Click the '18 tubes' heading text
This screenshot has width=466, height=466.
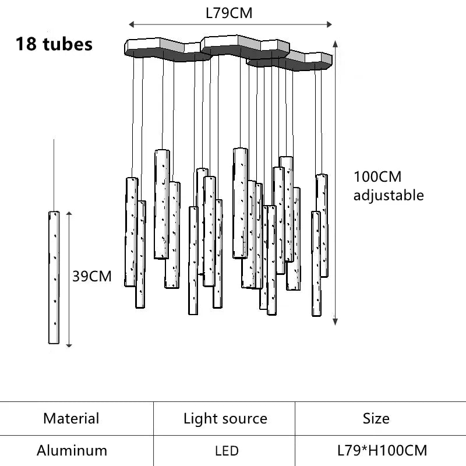point(54,44)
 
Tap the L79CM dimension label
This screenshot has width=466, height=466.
point(229,13)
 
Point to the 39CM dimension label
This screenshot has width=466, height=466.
point(92,276)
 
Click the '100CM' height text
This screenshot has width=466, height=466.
point(377,177)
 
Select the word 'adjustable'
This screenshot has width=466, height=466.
point(389,195)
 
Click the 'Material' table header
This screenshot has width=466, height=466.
point(71,418)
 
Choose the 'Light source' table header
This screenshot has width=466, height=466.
point(225,418)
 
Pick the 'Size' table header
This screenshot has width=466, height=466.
point(376,418)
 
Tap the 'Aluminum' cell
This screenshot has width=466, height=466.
point(72,450)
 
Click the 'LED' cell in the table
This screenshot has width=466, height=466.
point(226,451)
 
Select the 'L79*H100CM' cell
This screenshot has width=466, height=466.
point(382,450)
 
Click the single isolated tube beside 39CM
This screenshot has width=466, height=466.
point(54,277)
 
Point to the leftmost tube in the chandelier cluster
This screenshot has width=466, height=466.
point(131,232)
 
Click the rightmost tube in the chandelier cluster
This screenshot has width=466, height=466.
point(322,225)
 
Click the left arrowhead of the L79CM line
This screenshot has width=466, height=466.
point(131,24)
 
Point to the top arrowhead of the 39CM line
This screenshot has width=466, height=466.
point(69,214)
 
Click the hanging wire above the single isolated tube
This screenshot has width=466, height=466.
point(54,175)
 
